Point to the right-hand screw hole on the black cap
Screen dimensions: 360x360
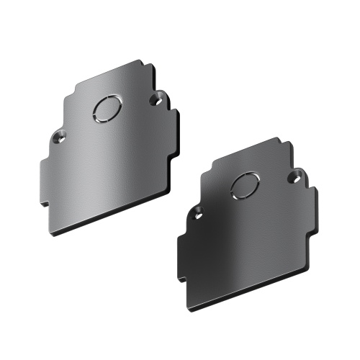pos(294,176)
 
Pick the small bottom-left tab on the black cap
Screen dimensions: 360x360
pos(184,277)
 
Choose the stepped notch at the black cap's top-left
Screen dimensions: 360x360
pos(214,167)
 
